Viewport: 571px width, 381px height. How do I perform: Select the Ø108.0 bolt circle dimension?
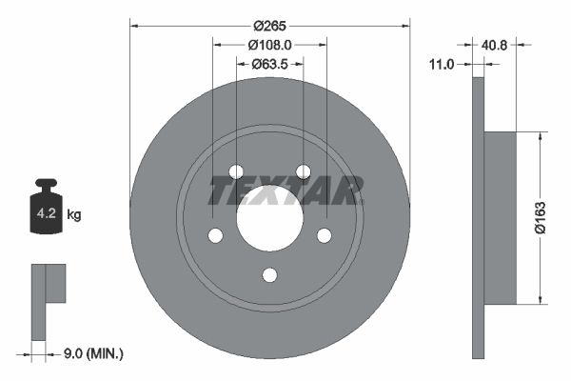(269, 44)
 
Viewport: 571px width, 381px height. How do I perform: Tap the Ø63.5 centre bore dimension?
(269, 64)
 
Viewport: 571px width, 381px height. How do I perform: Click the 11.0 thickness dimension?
(442, 64)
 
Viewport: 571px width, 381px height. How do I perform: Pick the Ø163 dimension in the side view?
(538, 217)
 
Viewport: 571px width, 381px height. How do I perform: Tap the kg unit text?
(74, 215)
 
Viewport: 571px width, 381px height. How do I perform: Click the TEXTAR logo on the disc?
(285, 191)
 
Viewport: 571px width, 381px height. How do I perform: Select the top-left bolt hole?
(236, 171)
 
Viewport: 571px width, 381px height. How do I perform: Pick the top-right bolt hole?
(303, 171)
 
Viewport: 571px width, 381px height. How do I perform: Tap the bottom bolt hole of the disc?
(269, 275)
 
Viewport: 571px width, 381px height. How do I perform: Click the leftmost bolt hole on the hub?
(215, 235)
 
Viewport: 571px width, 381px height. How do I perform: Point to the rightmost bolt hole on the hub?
(324, 235)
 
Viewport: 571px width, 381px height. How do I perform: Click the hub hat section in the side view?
(501, 217)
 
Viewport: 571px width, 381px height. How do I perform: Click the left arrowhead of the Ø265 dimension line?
(133, 24)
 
